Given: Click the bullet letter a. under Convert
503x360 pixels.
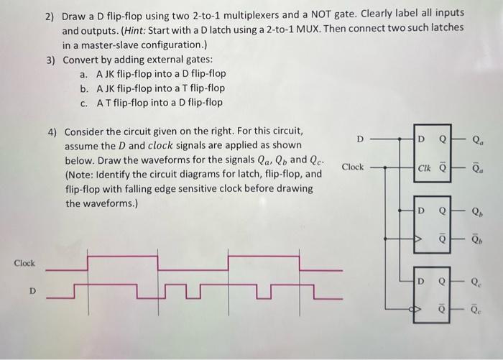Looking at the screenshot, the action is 84,74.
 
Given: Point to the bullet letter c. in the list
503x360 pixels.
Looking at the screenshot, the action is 84,102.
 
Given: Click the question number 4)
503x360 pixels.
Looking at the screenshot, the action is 52,132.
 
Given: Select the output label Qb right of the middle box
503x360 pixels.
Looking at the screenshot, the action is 477,212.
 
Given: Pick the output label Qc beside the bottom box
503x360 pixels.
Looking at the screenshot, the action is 477,282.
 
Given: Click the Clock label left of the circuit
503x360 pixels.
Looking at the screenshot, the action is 352,167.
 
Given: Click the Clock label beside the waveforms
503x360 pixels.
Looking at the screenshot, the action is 24,264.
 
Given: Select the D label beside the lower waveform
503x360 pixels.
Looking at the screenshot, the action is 32,292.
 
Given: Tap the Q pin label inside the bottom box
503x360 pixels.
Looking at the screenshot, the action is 443,281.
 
